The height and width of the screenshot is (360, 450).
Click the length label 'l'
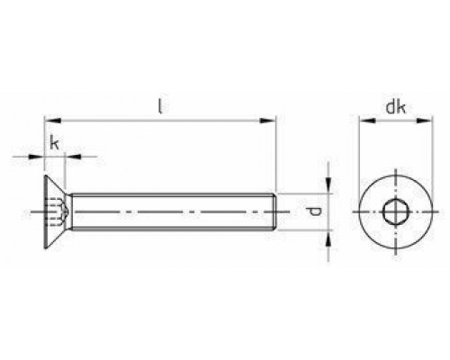tap(159, 107)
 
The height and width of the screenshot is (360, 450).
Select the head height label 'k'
tap(55, 143)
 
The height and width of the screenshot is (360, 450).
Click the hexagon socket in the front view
tap(392, 212)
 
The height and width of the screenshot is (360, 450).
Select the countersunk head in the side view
tap(55, 212)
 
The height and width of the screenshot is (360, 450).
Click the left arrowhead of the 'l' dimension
tap(49, 119)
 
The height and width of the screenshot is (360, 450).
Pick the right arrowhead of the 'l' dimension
tap(269, 119)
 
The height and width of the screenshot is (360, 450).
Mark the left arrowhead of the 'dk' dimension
tap(364, 119)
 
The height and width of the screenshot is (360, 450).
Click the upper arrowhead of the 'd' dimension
tap(327, 186)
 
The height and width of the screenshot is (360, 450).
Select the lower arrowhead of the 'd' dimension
tap(327, 238)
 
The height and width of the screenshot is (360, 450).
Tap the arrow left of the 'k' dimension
tap(37, 157)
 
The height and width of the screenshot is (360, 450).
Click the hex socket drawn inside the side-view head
tap(52, 212)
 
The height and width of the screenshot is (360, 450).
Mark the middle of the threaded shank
tap(171, 212)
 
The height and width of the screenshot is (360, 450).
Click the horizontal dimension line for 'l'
tap(159, 119)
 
